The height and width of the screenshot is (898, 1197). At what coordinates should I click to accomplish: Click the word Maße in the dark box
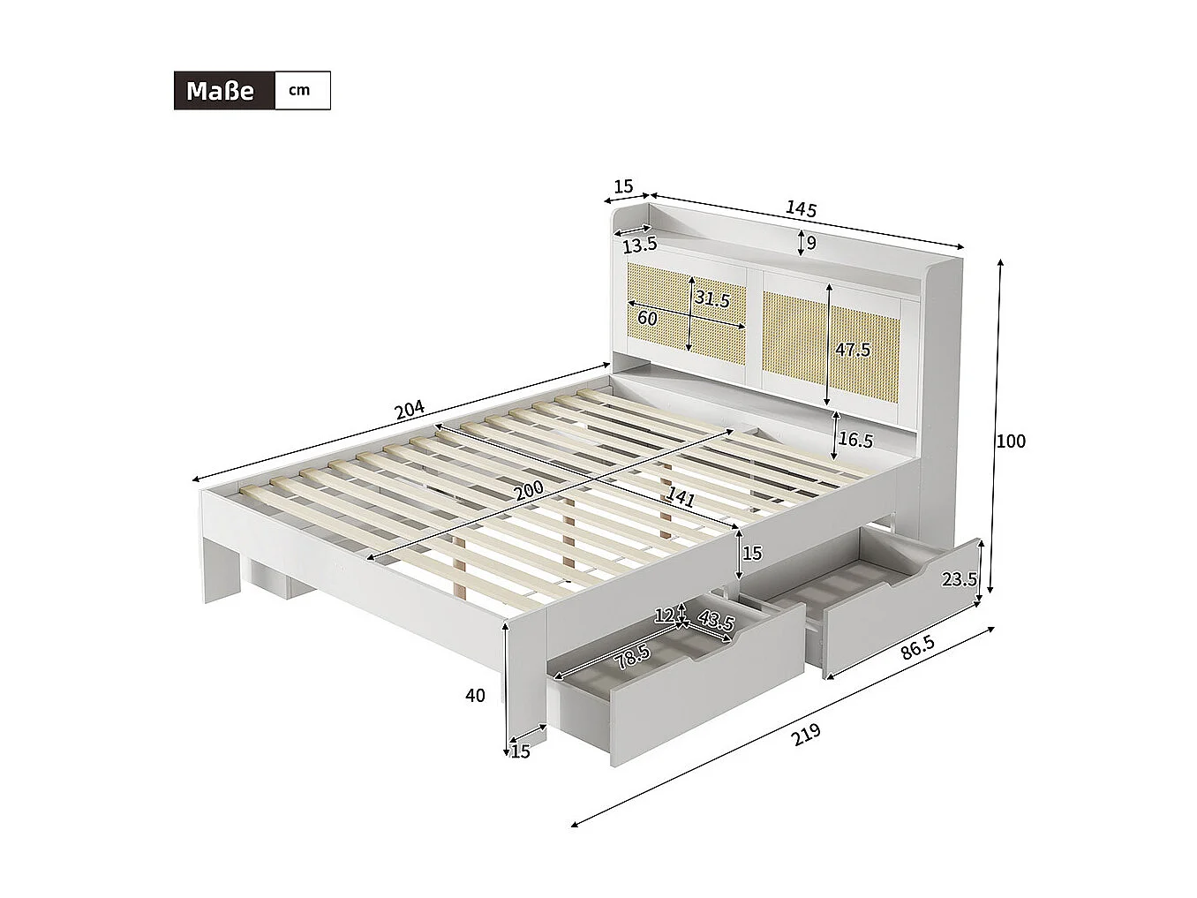pyautogui.click(x=220, y=91)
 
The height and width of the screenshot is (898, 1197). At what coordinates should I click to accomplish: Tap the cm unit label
pyautogui.click(x=300, y=90)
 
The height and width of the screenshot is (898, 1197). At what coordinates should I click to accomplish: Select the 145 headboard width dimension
pyautogui.click(x=801, y=209)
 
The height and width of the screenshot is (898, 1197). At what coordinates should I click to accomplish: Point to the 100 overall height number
pyautogui.click(x=1011, y=441)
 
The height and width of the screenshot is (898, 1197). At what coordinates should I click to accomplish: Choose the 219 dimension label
pyautogui.click(x=806, y=735)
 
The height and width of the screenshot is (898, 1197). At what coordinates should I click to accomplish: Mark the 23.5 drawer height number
pyautogui.click(x=959, y=579)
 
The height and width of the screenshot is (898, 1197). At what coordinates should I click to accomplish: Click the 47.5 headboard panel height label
pyautogui.click(x=853, y=350)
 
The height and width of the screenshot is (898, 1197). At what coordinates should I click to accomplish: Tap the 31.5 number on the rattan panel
pyautogui.click(x=711, y=299)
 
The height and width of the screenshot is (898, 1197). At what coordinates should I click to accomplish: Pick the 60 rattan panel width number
pyautogui.click(x=647, y=319)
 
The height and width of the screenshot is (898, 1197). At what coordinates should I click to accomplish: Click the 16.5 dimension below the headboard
pyautogui.click(x=855, y=439)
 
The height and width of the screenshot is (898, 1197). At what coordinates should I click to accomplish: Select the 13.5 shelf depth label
pyautogui.click(x=639, y=245)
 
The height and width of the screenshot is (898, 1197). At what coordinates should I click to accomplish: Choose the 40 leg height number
pyautogui.click(x=475, y=696)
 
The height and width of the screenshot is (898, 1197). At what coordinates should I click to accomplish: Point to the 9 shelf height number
pyautogui.click(x=811, y=242)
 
